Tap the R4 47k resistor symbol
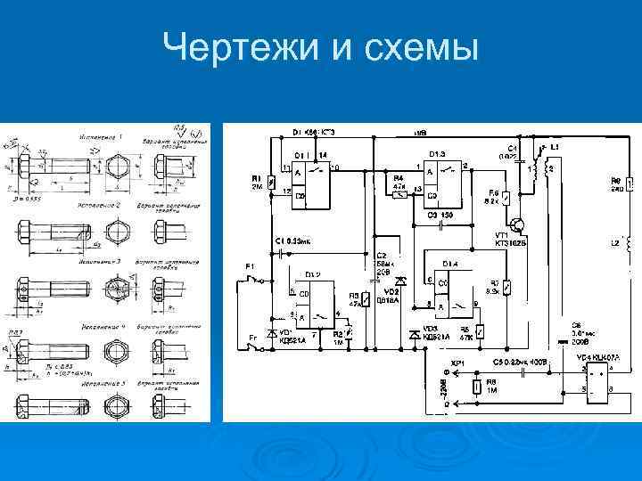(x=400, y=190)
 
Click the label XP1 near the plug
(x=460, y=364)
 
